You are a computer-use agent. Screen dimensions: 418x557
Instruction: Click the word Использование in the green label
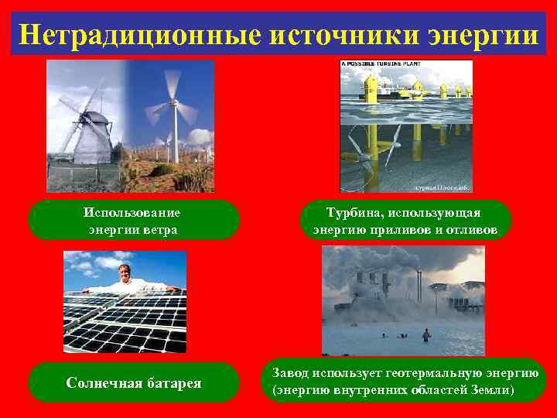(132, 212)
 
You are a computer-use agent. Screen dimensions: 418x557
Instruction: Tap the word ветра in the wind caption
(160, 230)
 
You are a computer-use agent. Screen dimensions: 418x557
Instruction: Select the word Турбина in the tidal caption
(353, 212)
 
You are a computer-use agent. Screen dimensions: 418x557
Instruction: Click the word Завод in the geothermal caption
(290, 373)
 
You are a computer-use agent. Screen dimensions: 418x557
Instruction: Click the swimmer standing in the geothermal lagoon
(425, 334)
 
